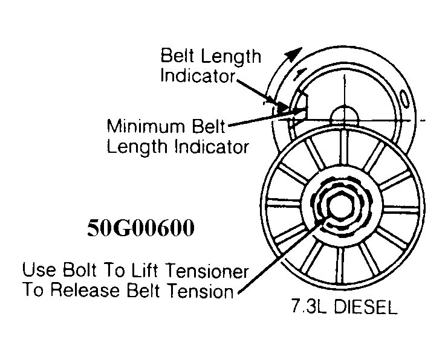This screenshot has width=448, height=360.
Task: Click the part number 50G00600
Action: (141, 230)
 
